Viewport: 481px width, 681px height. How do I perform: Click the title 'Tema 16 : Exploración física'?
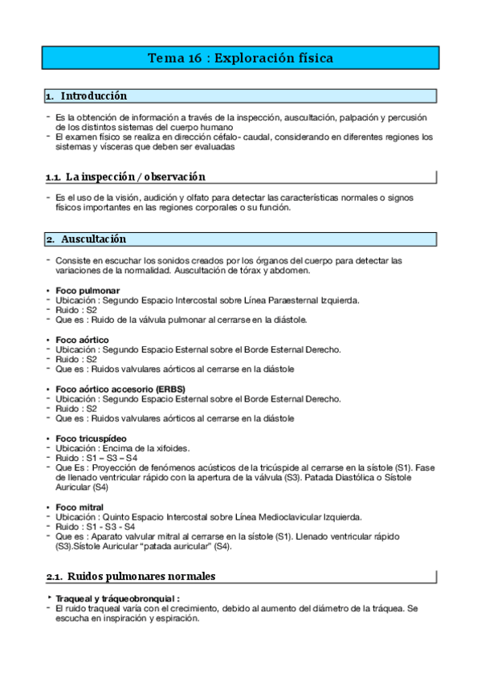[x=240, y=58]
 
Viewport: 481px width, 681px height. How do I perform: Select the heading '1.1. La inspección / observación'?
[x=125, y=177]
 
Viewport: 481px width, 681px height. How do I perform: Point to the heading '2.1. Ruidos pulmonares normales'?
[x=130, y=576]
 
